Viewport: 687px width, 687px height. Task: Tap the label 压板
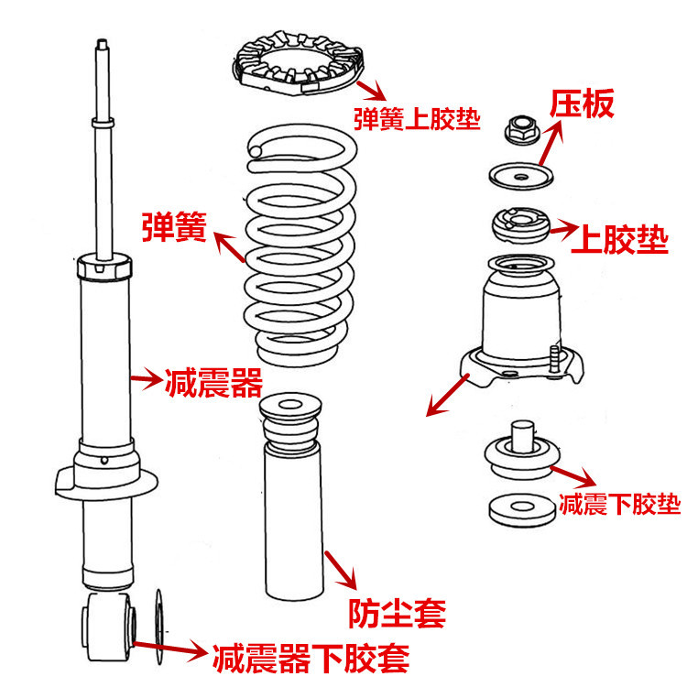pos(582,104)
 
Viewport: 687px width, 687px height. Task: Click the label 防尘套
pos(397,611)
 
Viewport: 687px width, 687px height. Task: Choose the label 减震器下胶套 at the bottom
pos(310,656)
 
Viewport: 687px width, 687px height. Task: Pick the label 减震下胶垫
pos(619,503)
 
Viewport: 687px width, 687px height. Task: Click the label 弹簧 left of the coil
pos(174,225)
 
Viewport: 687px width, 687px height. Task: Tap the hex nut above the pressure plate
pos(519,129)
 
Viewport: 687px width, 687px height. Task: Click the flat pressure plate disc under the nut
pos(520,174)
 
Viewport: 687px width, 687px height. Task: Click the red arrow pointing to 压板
pos(551,142)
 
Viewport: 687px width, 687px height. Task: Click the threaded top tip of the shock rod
pos(101,46)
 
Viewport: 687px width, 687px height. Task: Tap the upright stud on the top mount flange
pos(556,358)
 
